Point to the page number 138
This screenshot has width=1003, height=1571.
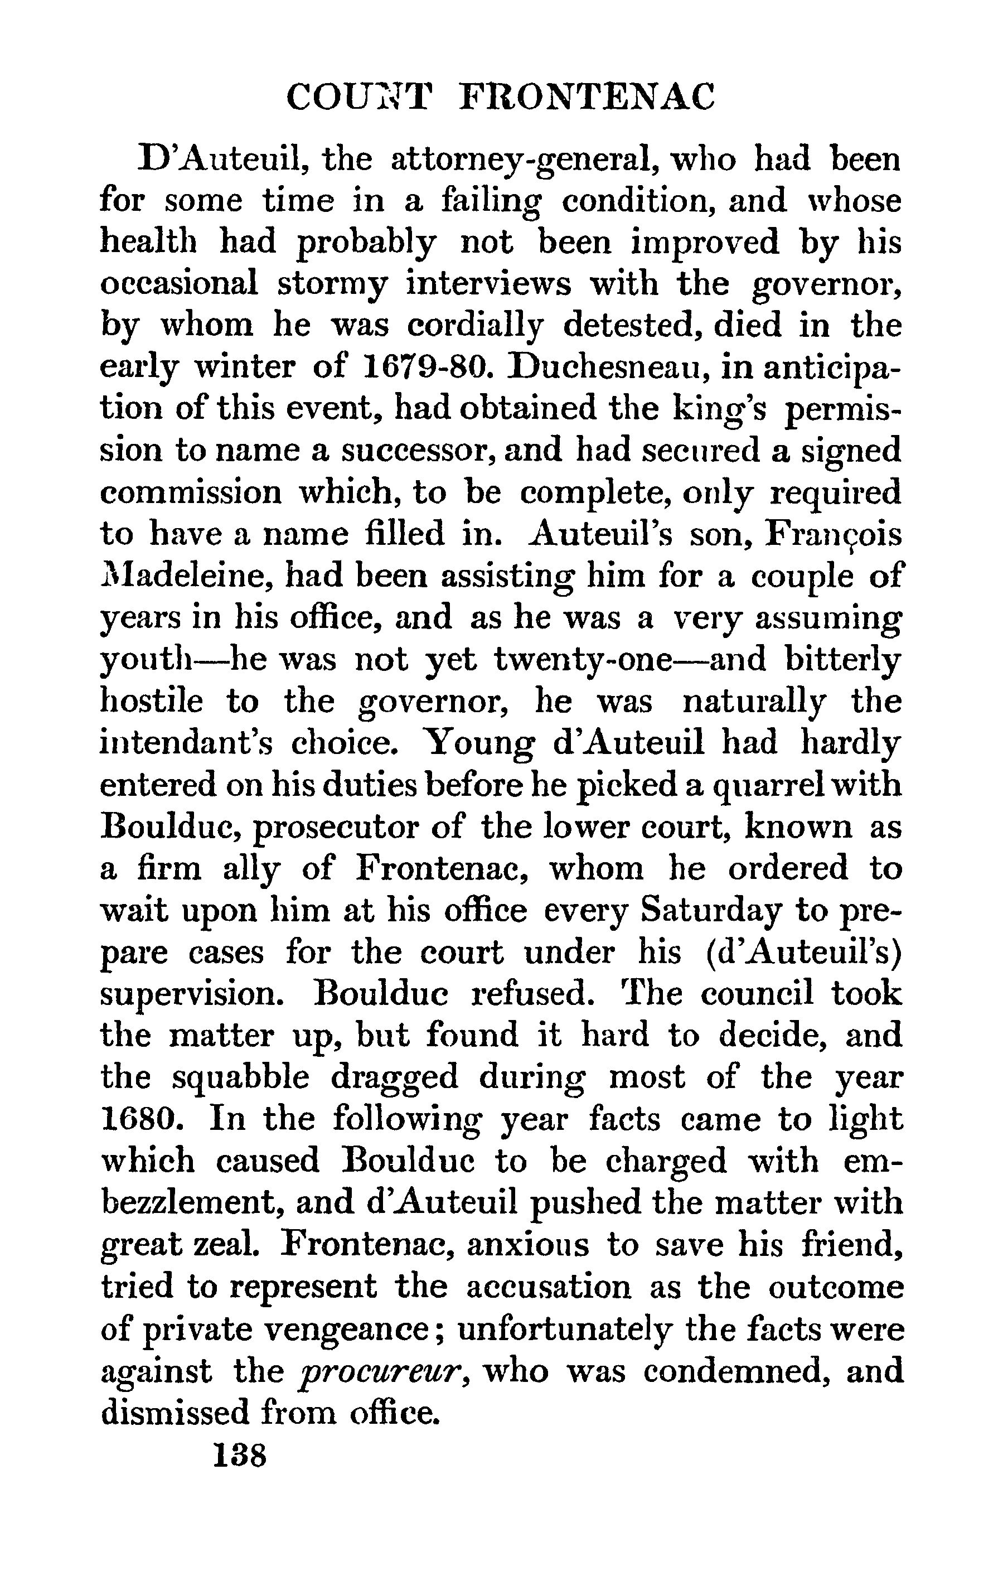(x=240, y=1456)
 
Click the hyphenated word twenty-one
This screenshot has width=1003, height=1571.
(x=583, y=660)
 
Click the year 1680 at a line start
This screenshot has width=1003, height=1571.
(x=138, y=1120)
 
